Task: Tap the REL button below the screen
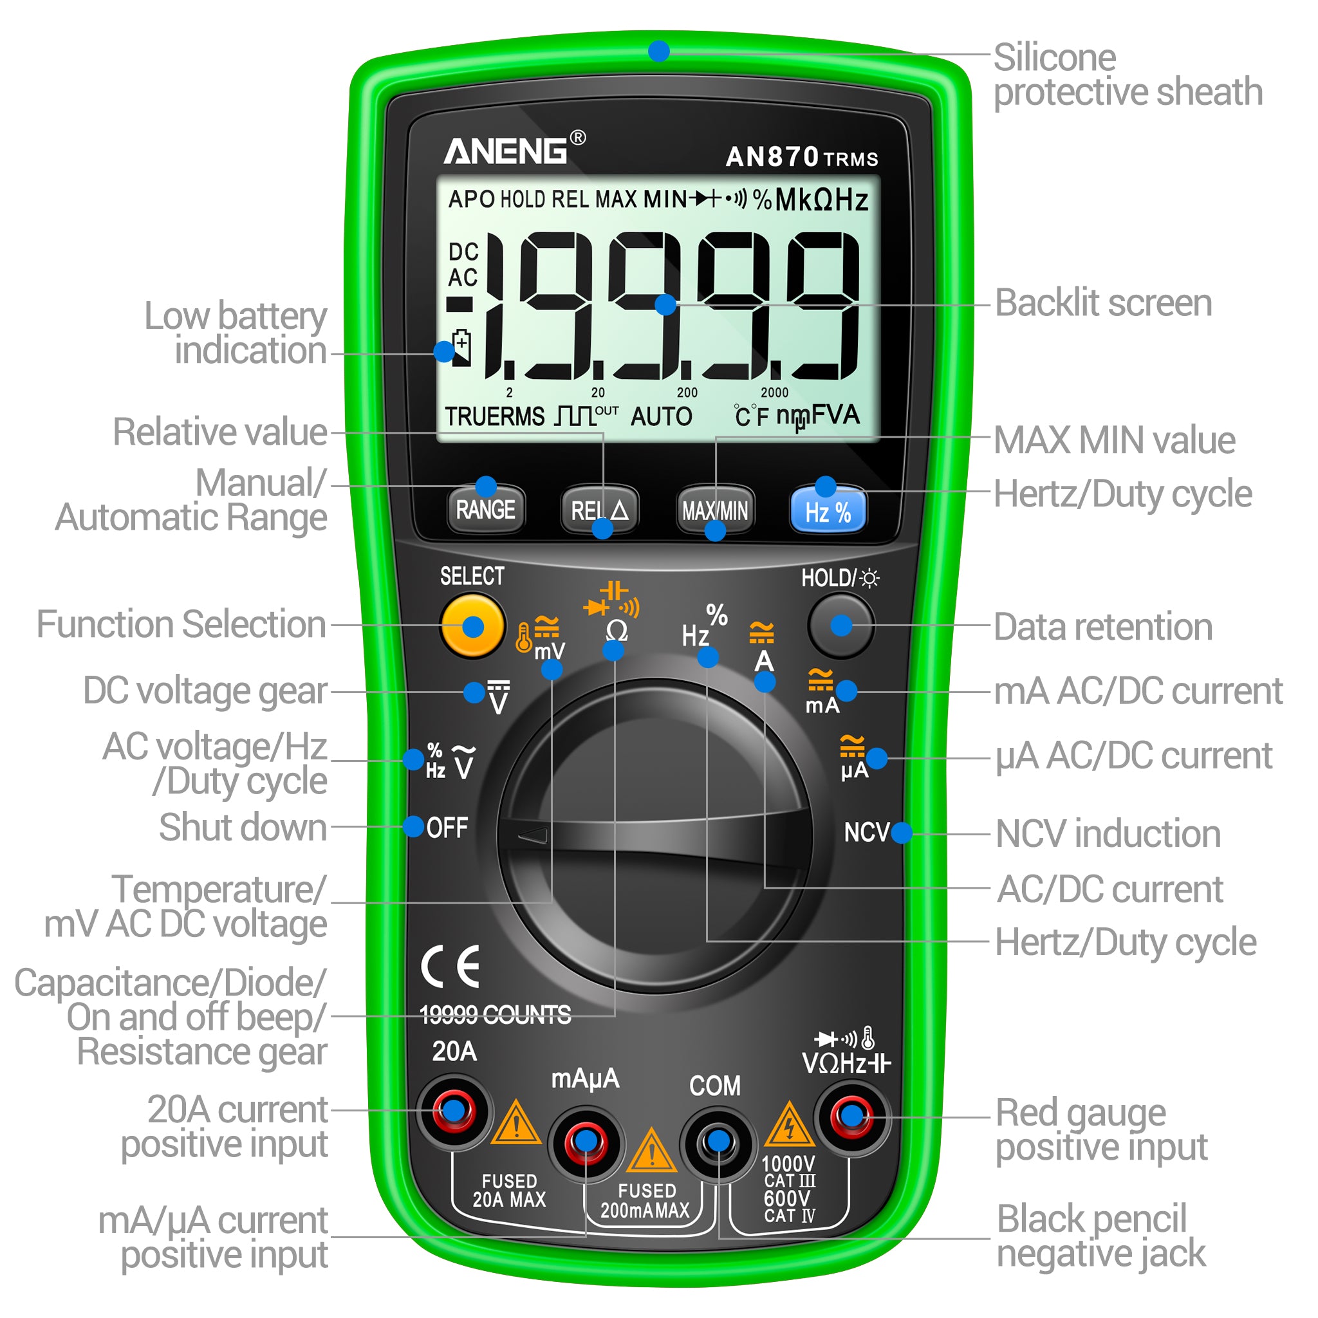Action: [599, 510]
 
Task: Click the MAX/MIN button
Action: [715, 510]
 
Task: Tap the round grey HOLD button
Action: [840, 626]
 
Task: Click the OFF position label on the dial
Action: [447, 828]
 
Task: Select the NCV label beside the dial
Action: [866, 832]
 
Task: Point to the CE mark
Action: [450, 966]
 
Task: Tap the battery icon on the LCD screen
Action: [462, 348]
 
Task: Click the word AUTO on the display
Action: [661, 416]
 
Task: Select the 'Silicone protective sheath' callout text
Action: [1128, 75]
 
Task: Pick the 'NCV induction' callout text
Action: [1108, 833]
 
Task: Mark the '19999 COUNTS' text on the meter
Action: [496, 1015]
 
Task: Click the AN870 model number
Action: [772, 157]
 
